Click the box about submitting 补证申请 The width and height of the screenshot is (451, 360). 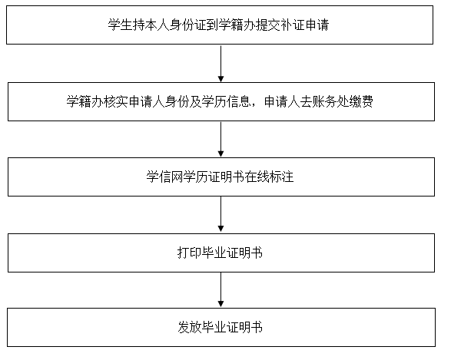[220, 25]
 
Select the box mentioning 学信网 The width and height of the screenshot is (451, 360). [221, 177]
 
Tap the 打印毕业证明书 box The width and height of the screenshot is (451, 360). [221, 253]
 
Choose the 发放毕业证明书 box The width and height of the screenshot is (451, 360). [221, 327]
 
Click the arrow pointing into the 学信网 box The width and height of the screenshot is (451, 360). [221, 140]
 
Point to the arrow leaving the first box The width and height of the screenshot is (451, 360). [221, 64]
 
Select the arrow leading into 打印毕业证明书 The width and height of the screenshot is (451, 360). [221, 214]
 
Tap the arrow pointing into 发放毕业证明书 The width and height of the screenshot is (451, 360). [221, 290]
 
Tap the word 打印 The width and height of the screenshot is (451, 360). [190, 253]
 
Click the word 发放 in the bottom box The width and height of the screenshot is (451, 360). [190, 327]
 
